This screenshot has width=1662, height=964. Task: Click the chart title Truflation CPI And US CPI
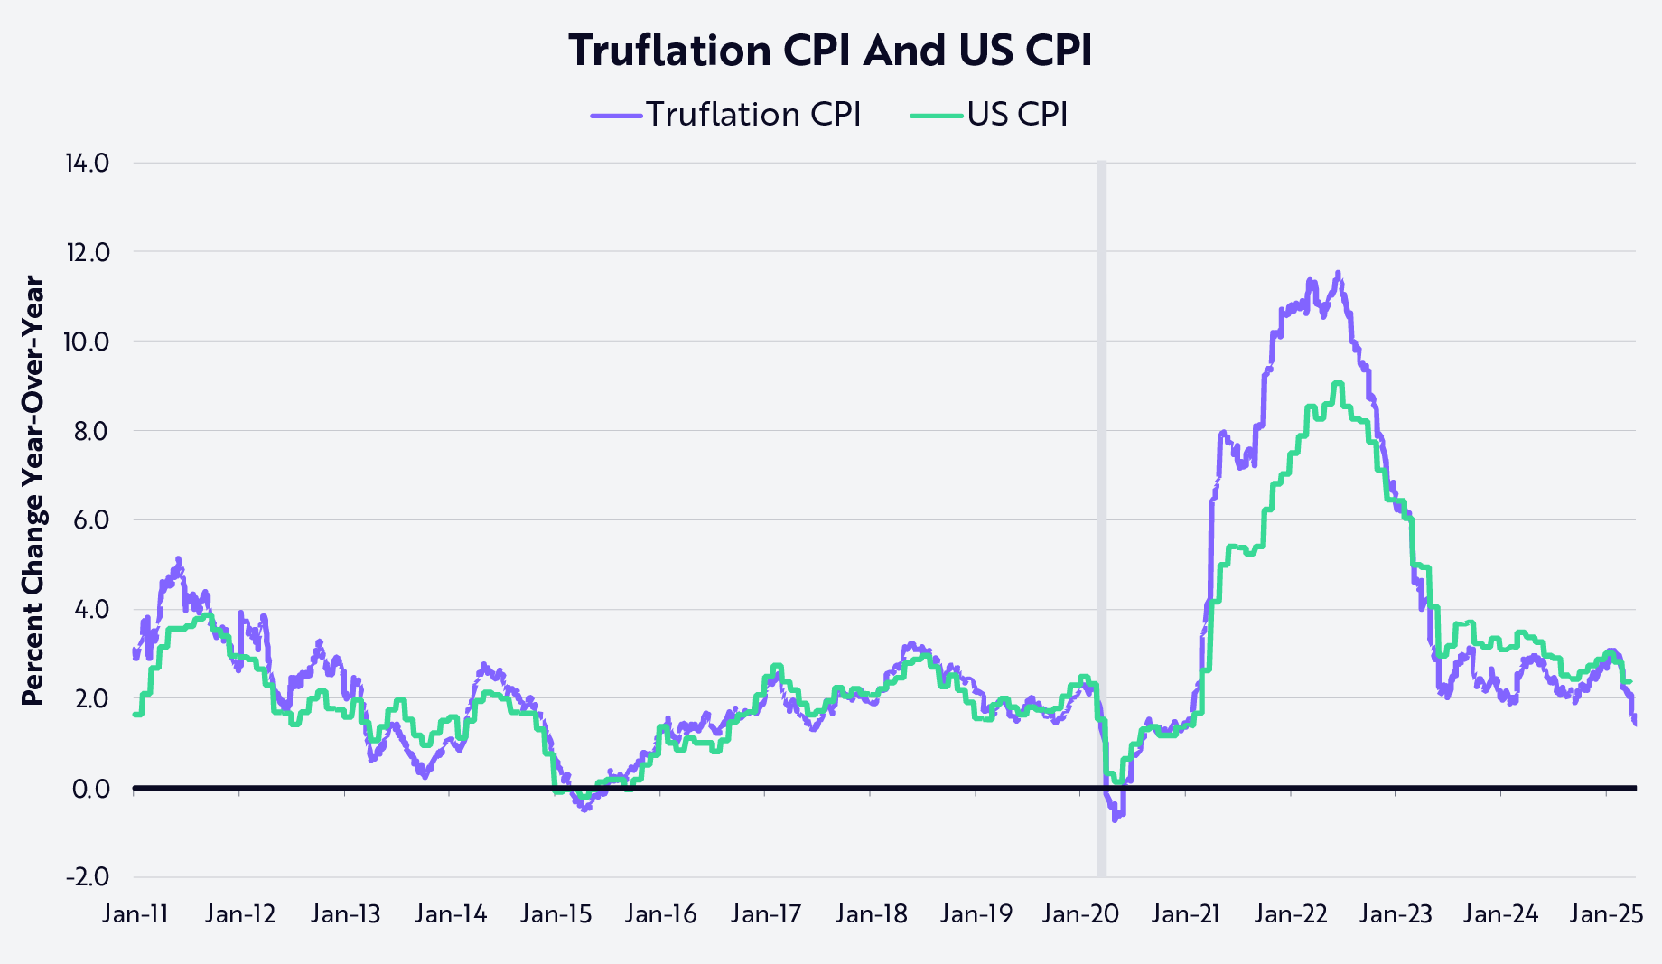[830, 51]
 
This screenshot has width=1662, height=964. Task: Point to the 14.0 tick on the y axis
[87, 164]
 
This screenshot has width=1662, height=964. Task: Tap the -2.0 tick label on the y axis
[87, 877]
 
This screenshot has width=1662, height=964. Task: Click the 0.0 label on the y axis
[90, 789]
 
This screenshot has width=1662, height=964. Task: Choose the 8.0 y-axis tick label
[90, 431]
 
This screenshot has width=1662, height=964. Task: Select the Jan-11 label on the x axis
[135, 914]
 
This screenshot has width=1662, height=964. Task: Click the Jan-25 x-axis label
[1605, 914]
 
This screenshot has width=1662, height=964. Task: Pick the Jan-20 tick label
[1080, 914]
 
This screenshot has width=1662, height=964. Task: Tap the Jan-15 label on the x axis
[556, 914]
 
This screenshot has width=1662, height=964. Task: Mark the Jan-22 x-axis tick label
[1291, 914]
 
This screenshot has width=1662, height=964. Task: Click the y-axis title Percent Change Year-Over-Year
[33, 491]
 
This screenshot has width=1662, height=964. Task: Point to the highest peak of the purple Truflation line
[1338, 273]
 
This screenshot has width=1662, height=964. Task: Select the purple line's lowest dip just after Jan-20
[1116, 819]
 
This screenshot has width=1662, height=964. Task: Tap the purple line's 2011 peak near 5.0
[178, 559]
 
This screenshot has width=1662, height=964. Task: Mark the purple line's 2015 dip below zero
[585, 810]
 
